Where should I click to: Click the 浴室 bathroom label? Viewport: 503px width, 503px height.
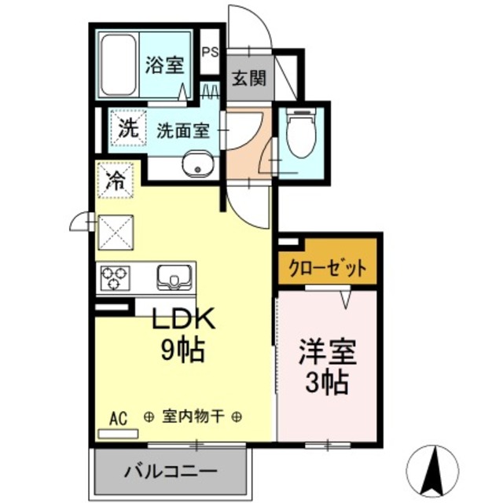click(163, 64)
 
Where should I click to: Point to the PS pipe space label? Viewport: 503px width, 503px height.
click(210, 53)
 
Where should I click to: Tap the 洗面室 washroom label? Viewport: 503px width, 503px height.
click(182, 130)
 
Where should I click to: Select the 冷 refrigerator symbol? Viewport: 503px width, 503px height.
click(115, 180)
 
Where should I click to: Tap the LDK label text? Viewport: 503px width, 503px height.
click(183, 321)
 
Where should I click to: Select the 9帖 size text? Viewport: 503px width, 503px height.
click(183, 348)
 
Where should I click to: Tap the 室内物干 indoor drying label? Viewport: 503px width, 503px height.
click(193, 417)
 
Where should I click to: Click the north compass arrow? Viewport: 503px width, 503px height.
click(432, 469)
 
